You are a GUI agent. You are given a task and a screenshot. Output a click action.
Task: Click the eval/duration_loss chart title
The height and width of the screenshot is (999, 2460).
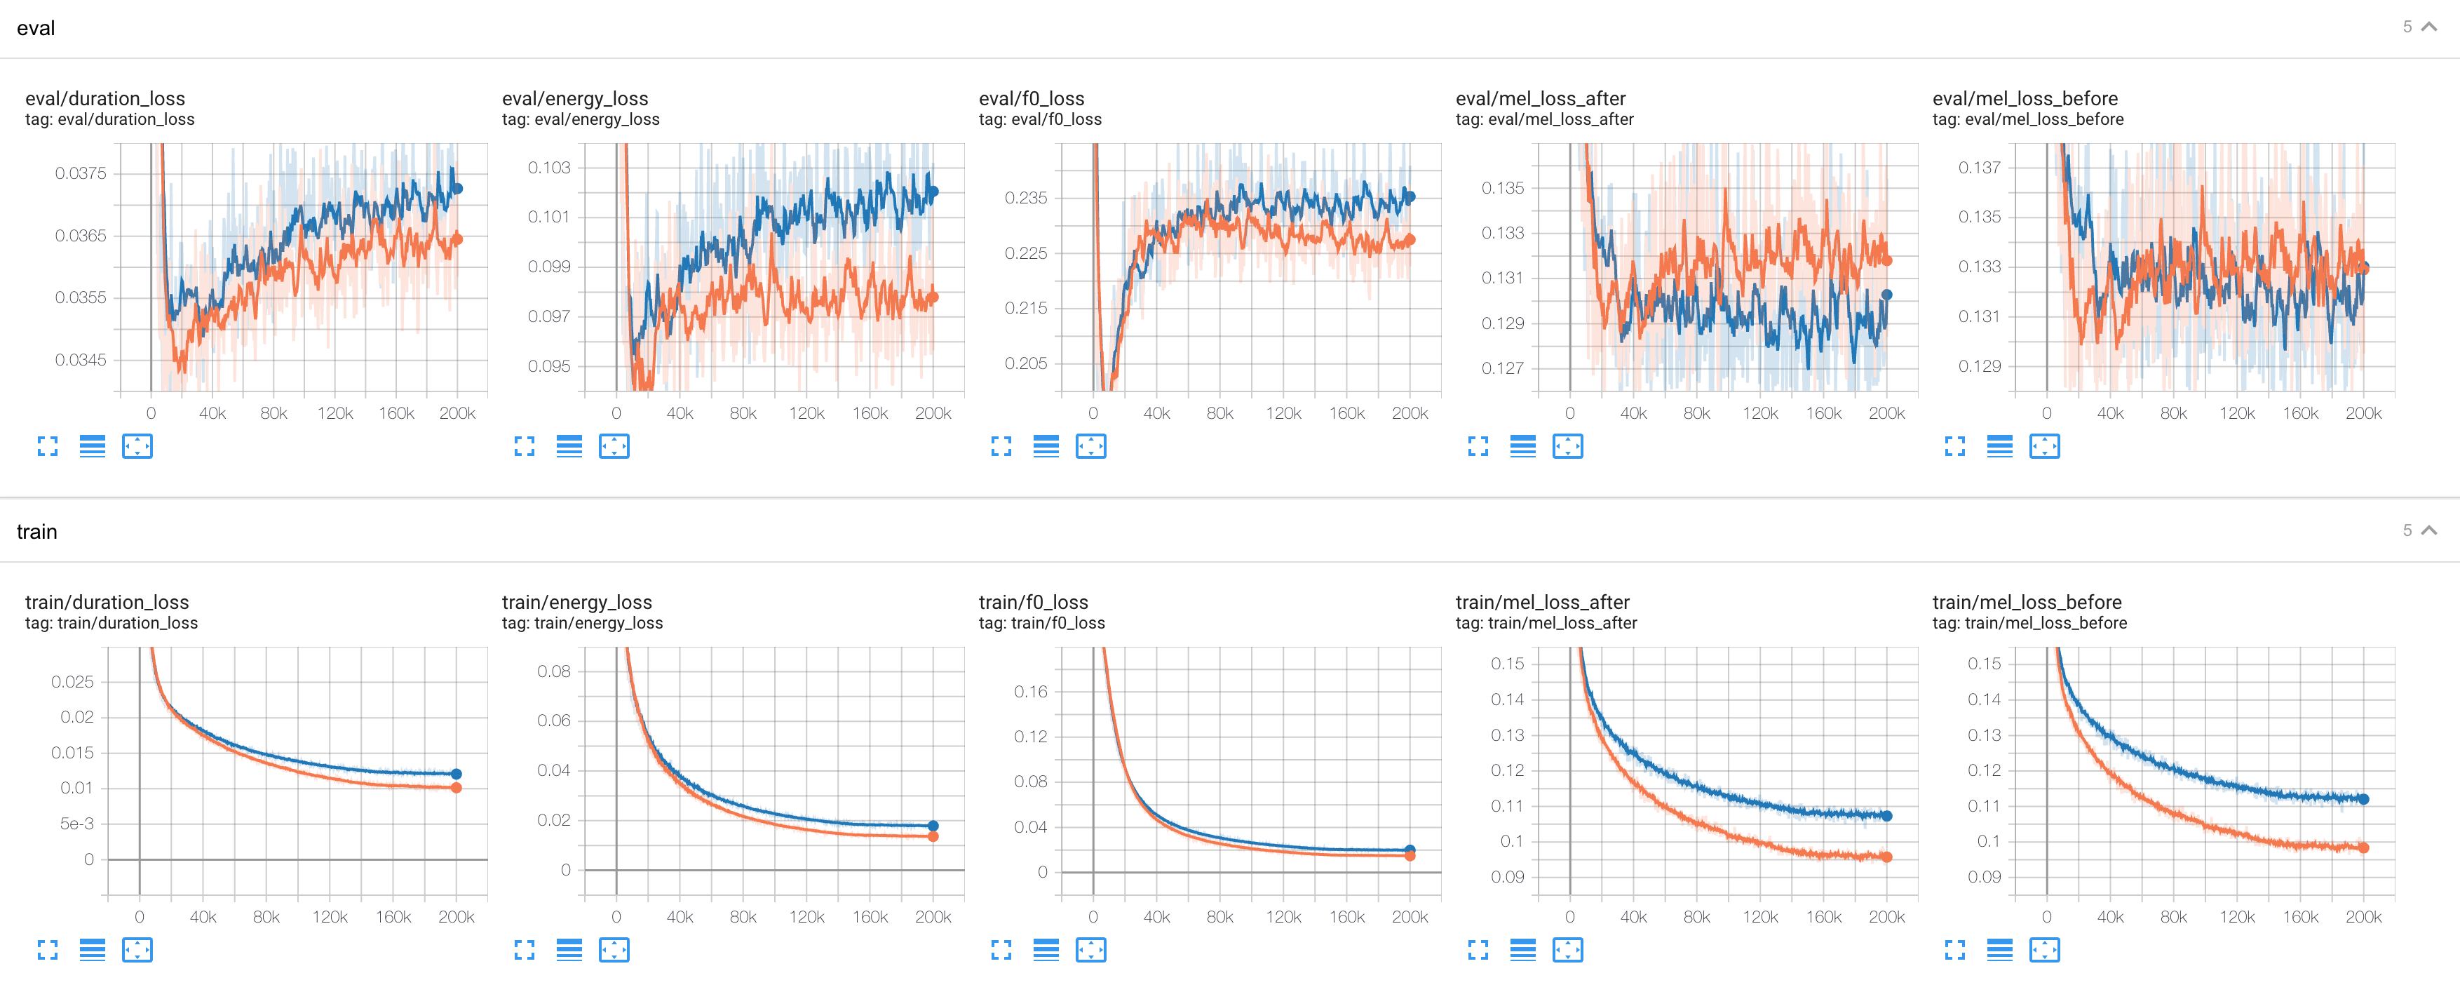105,98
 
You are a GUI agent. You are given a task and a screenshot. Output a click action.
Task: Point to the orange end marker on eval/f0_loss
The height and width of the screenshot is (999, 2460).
1410,241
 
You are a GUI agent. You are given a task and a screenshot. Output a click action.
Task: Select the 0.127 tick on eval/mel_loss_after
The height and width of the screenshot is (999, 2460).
1502,368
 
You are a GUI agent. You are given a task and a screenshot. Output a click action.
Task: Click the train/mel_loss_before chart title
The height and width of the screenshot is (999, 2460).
2027,602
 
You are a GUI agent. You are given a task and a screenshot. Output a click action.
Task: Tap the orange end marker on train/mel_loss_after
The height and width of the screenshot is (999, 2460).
1886,857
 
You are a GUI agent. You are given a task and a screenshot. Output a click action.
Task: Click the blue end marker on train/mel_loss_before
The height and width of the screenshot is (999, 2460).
2363,799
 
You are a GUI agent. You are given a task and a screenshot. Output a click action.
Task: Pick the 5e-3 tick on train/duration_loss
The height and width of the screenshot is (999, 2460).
76,824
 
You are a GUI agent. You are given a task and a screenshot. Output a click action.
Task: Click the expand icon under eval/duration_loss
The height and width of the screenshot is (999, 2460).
48,446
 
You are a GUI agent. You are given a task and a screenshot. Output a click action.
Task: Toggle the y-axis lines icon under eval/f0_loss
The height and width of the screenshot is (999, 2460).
1046,446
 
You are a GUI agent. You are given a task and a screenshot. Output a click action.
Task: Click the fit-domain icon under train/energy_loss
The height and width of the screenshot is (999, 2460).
614,949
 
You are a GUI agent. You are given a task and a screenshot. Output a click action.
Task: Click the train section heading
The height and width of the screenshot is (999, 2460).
37,532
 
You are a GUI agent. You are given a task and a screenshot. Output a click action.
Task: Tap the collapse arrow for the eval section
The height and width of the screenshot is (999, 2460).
2428,27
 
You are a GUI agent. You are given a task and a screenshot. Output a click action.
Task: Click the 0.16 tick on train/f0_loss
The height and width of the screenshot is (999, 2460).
1030,692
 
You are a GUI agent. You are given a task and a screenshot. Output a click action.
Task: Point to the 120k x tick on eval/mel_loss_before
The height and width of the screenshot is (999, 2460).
2236,413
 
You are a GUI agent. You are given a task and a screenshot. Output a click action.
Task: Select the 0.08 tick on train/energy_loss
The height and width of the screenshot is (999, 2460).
554,671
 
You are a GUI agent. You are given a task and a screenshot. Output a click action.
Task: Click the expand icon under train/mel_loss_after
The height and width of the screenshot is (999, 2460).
1478,949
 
